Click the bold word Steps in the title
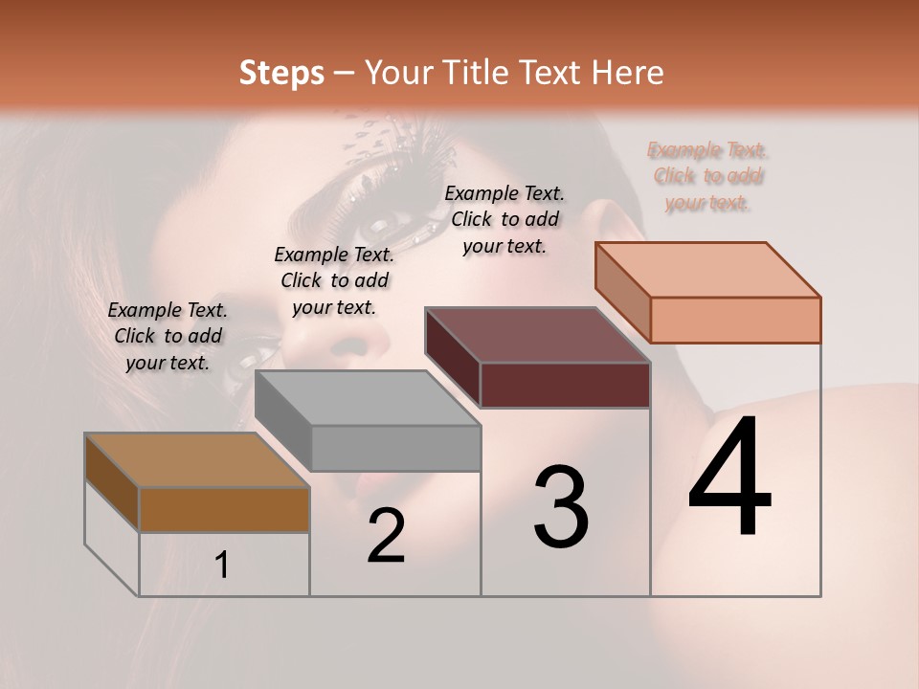[281, 73]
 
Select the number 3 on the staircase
[561, 506]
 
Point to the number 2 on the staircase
[386, 536]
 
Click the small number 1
[222, 566]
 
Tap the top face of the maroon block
[537, 335]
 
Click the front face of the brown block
[224, 509]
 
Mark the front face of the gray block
[395, 448]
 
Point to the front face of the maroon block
[565, 385]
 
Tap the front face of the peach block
[735, 320]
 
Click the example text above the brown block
[168, 336]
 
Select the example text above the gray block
[334, 280]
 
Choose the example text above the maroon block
[504, 219]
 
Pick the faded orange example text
[707, 176]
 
